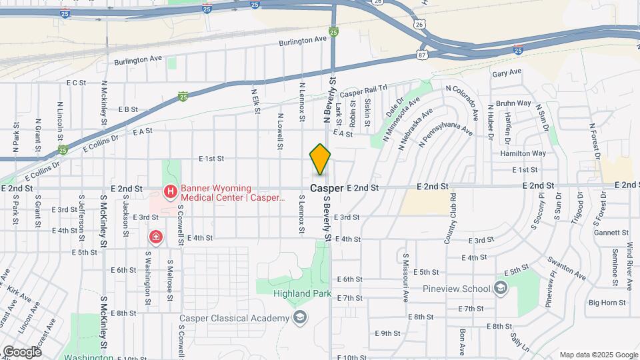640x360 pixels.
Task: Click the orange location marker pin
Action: [320, 159]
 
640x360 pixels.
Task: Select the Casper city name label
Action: [327, 189]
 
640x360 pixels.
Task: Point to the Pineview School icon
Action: [501, 289]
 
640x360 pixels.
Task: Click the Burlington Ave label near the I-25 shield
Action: [304, 40]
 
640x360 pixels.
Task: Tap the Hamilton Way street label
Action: [523, 153]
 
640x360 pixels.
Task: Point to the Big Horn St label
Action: [607, 303]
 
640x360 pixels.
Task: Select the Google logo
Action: [22, 351]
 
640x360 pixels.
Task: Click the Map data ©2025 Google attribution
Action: [598, 355]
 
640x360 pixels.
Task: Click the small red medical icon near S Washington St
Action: [155, 237]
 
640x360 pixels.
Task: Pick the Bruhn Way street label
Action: [513, 103]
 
